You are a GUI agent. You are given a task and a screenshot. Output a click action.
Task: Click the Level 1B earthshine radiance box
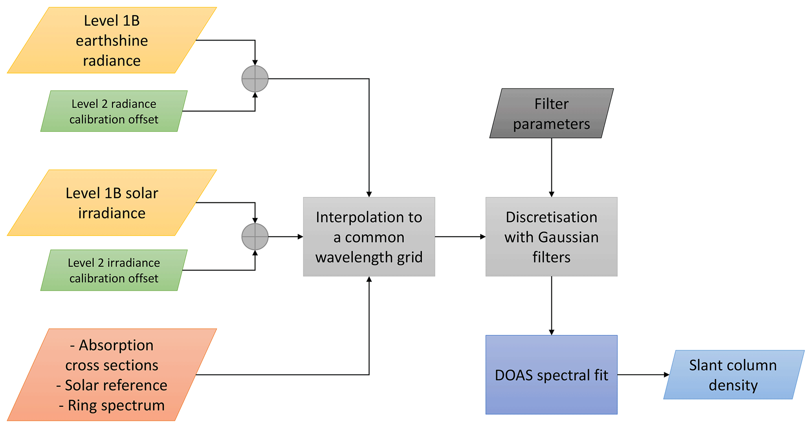[112, 40]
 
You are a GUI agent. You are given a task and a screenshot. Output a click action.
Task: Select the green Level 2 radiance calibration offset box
[114, 112]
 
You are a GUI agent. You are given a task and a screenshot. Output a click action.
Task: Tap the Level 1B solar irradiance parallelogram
[112, 203]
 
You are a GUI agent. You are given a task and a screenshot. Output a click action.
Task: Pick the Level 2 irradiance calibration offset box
[114, 271]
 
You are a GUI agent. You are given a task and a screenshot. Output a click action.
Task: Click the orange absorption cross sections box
[112, 375]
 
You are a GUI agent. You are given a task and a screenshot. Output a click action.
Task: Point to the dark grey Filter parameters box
[551, 113]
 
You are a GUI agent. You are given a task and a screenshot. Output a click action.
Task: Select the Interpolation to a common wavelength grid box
[369, 237]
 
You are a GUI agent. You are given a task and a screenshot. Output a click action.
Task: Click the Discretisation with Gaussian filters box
[551, 237]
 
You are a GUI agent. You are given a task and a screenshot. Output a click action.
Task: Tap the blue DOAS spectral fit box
[551, 375]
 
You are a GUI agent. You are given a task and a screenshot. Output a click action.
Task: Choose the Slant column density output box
[733, 375]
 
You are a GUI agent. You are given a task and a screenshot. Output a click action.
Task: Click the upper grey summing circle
[255, 79]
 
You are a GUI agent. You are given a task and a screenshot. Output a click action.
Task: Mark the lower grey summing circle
[255, 237]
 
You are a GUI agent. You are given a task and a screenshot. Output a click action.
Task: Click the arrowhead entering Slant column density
[667, 375]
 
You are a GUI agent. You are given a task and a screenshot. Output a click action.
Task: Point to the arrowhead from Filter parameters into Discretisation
[552, 194]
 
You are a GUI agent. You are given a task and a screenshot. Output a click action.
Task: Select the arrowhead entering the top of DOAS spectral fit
[552, 332]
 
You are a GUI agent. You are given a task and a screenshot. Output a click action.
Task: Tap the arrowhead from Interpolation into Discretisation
[483, 237]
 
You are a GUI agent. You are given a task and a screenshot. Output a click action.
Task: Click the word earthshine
[112, 41]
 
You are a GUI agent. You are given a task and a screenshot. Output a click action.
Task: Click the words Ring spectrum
[116, 406]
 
